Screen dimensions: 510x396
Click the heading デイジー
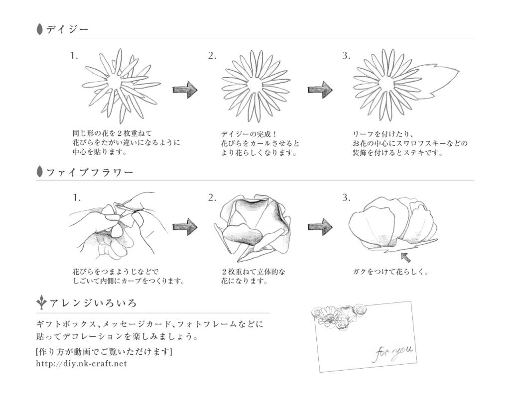tap(67, 29)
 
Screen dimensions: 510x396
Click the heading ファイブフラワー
tap(90, 173)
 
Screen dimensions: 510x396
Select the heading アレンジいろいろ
tap(93, 303)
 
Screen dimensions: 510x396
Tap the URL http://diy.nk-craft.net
tap(82, 364)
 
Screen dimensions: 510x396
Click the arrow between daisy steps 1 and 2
tap(185, 90)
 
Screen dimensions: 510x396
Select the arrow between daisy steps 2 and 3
tap(320, 90)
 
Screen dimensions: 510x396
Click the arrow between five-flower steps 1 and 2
tap(185, 227)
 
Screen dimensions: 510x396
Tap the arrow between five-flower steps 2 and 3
tap(320, 227)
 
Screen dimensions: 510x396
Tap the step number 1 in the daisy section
tap(74, 56)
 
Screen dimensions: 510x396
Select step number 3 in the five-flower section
tap(346, 198)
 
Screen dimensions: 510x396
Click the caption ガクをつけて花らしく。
tap(390, 272)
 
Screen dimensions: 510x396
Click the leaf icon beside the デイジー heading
tap(40, 29)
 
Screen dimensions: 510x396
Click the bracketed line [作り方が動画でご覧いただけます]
tap(104, 352)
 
